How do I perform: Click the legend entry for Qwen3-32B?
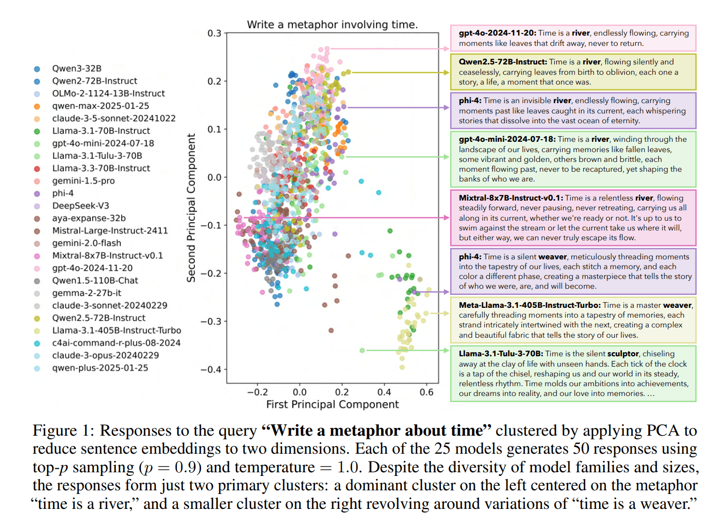76,69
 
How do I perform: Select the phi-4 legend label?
62,193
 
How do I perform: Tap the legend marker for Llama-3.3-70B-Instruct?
37,169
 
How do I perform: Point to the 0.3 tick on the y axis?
214,34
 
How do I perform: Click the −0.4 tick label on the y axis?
211,370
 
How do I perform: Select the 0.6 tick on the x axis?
426,392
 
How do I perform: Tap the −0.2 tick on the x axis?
257,392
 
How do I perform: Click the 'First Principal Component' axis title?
332,405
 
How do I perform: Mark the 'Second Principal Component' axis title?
191,208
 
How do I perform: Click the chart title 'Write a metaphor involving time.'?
332,25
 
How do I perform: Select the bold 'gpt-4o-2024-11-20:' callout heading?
497,33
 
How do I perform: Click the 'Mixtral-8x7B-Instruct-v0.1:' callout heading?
510,198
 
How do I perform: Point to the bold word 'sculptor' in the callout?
623,354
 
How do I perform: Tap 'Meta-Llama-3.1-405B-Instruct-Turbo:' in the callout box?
530,305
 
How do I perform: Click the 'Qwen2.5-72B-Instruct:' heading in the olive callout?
503,62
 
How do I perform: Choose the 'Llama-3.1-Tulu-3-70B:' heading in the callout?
501,354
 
